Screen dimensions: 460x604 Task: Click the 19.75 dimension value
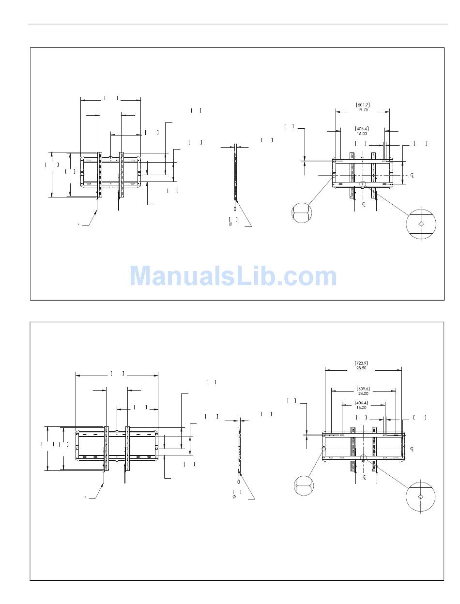click(x=363, y=109)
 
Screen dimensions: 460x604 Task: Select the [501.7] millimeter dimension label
click(x=363, y=105)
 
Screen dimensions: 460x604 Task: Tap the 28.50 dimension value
click(x=361, y=368)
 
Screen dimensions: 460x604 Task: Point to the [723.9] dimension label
click(x=361, y=363)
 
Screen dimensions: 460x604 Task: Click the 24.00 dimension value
click(x=363, y=393)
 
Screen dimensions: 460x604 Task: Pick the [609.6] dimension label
click(x=363, y=389)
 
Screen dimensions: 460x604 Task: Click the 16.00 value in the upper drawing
click(x=362, y=134)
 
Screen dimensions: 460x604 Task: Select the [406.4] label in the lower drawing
click(x=361, y=403)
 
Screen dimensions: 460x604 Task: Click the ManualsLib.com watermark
click(x=233, y=275)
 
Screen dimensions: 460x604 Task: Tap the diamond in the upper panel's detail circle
click(x=421, y=224)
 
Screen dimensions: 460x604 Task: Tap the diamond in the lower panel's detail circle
click(x=420, y=497)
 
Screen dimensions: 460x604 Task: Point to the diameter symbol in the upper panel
click(x=230, y=224)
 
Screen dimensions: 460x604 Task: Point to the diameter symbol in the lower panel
click(x=234, y=497)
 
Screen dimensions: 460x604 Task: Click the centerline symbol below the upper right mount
click(x=364, y=204)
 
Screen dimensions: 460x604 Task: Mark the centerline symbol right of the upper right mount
click(x=412, y=175)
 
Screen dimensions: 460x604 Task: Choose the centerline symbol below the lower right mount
click(x=364, y=477)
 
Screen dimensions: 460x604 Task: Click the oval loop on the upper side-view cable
click(x=235, y=209)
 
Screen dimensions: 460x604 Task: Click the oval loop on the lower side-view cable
click(x=238, y=482)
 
